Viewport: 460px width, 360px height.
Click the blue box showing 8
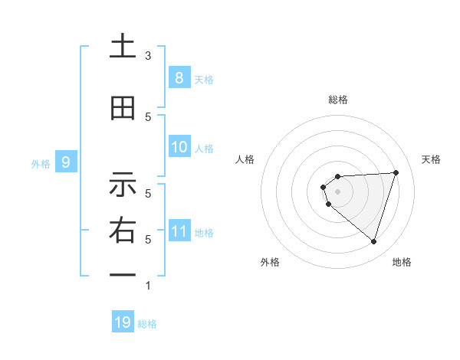tap(179, 77)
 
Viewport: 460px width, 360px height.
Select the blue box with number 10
tap(179, 147)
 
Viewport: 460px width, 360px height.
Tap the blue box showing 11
tap(179, 231)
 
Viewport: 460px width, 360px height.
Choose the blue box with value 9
tap(66, 162)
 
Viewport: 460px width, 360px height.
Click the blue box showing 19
tap(123, 322)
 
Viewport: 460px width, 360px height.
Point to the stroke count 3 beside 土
tap(148, 56)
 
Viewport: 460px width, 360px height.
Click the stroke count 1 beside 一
tap(148, 286)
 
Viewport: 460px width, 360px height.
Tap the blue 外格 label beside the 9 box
tap(41, 163)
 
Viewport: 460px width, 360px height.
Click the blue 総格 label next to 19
tap(147, 324)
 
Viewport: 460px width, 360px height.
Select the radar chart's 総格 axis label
tap(338, 100)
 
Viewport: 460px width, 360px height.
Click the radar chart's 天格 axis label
tap(432, 159)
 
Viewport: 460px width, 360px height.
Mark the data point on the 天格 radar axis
tap(396, 172)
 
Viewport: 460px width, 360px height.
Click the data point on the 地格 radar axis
tap(373, 241)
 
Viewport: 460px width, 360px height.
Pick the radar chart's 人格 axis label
tap(245, 159)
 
